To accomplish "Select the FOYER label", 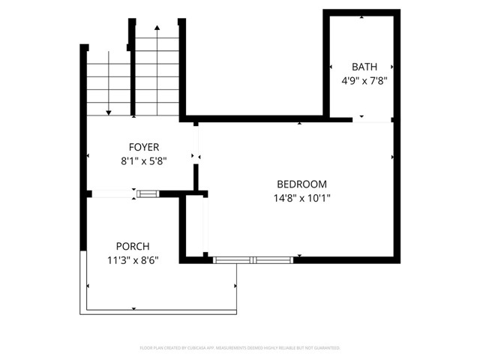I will (x=144, y=147).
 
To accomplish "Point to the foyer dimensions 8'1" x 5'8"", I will (x=144, y=160).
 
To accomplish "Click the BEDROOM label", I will (x=302, y=184).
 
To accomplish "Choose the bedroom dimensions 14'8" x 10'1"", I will (x=302, y=198).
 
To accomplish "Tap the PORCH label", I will (x=133, y=247).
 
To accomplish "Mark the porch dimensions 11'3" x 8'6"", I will (x=133, y=259).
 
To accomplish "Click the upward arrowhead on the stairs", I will (x=157, y=28).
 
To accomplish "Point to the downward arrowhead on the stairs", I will (x=109, y=112).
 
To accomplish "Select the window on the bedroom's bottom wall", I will (x=252, y=259).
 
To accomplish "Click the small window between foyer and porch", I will (x=148, y=194).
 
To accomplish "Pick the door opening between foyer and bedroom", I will (x=196, y=142).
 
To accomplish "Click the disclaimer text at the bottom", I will (x=240, y=348).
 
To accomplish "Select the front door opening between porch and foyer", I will (x=112, y=194).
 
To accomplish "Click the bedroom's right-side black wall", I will (x=395, y=191).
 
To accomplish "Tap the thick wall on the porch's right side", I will (x=181, y=225).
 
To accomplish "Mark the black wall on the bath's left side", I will (x=326, y=64).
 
